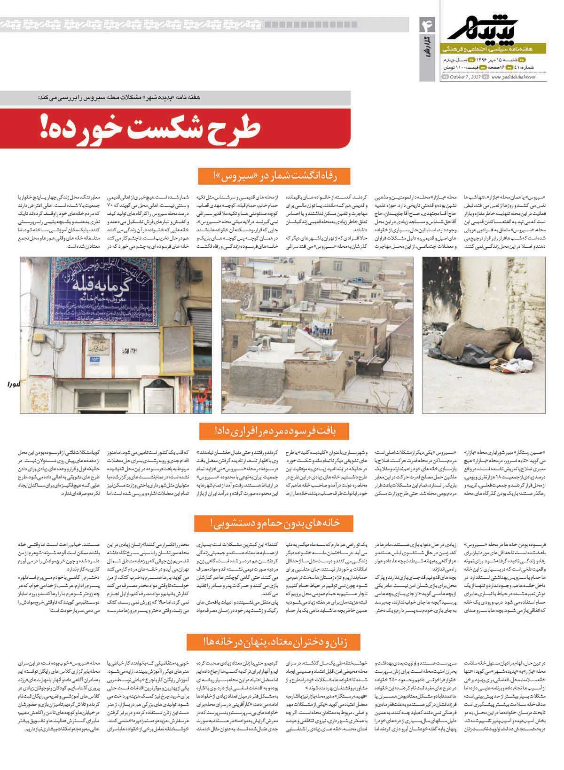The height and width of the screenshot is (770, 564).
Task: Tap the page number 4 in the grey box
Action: pyautogui.click(x=430, y=25)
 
